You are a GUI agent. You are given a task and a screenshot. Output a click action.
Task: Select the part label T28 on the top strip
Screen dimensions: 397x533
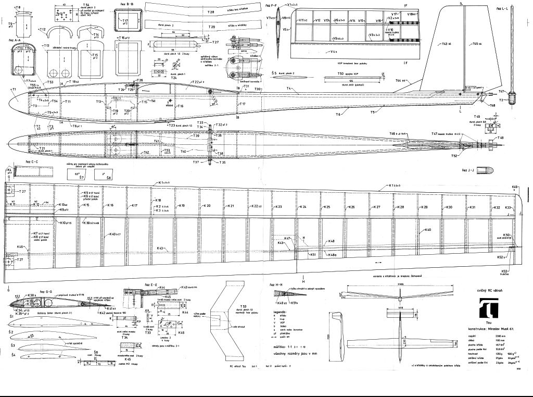(x=211, y=11)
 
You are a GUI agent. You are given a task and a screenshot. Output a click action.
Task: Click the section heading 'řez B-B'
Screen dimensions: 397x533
(x=126, y=5)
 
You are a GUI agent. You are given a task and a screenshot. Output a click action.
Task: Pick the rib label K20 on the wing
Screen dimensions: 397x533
(x=207, y=206)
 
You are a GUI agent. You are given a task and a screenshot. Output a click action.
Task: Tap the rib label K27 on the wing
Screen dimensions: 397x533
(x=376, y=207)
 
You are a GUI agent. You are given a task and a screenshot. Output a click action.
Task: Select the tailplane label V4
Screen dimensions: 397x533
(x=333, y=52)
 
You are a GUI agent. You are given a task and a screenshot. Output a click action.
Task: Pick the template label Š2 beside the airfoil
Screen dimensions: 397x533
(x=11, y=331)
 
